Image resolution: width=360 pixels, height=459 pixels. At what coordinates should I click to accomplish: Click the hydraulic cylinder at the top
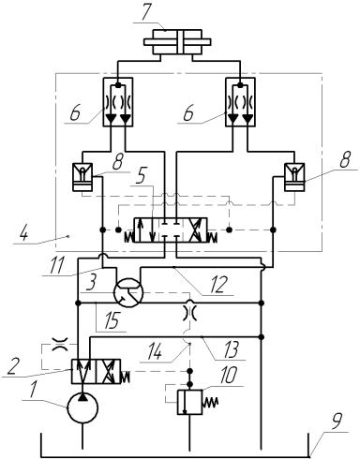pyautogui.click(x=177, y=42)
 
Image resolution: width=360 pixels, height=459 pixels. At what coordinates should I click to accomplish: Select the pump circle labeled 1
pyautogui.click(x=82, y=407)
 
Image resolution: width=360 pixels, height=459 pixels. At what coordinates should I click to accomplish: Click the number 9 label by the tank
pyautogui.click(x=337, y=422)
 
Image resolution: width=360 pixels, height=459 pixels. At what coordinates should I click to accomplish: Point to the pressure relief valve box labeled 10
pyautogui.click(x=189, y=402)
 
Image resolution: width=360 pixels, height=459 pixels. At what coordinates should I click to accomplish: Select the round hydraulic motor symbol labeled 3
pyautogui.click(x=128, y=292)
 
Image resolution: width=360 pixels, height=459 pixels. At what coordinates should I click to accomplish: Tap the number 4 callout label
pyautogui.click(x=21, y=232)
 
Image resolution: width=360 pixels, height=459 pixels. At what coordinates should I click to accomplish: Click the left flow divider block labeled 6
pyautogui.click(x=118, y=102)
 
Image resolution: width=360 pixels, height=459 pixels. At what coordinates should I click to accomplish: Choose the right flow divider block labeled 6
pyautogui.click(x=240, y=102)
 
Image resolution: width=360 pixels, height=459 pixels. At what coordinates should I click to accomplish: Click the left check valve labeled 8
pyautogui.click(x=82, y=177)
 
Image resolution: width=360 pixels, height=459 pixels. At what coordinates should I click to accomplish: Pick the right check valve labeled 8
pyautogui.click(x=294, y=177)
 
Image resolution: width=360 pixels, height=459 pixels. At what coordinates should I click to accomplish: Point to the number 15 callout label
pyautogui.click(x=112, y=320)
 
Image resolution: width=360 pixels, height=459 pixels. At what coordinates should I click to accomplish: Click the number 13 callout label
pyautogui.click(x=232, y=348)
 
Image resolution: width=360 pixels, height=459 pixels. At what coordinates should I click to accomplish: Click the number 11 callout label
pyautogui.click(x=57, y=264)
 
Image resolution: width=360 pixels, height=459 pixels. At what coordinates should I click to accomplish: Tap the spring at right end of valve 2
pyautogui.click(x=126, y=376)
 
